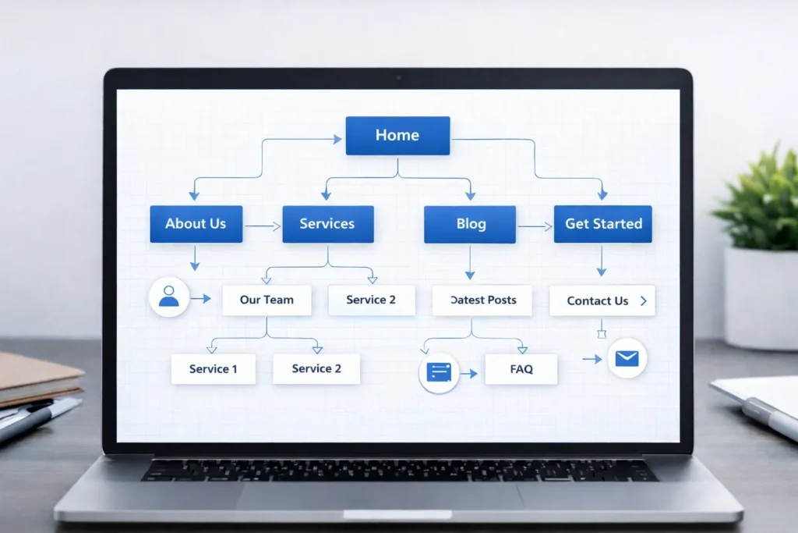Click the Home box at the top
(397, 136)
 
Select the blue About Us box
(196, 224)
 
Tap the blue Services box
(327, 224)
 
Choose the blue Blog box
(470, 225)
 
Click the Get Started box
(603, 224)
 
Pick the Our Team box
(267, 300)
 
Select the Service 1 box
(213, 369)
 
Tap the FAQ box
(521, 369)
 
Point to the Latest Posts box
(482, 300)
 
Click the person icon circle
(169, 297)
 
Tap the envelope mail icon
(627, 359)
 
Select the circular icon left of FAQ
(440, 372)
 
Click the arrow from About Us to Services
(263, 227)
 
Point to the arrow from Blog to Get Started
(535, 227)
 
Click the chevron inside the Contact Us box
(643, 300)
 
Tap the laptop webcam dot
(398, 78)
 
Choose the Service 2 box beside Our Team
(371, 300)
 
